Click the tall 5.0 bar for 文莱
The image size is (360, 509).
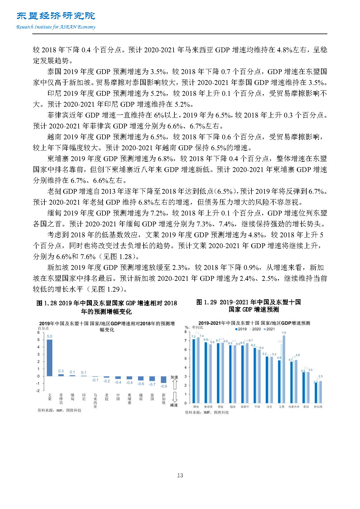pos(49,358)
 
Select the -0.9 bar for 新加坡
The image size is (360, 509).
pos(164,379)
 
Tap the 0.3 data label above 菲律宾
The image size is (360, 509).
pos(61,371)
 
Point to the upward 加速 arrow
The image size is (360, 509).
pos(174,384)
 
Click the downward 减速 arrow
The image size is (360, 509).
pos(174,397)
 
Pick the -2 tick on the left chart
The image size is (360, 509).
pos(38,391)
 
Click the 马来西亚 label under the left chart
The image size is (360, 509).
pos(95,401)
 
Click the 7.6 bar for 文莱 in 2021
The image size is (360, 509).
pos(284,369)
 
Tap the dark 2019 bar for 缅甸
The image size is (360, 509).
pos(194,371)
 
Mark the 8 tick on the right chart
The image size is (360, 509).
pos(186,332)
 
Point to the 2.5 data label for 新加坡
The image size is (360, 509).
pos(320,376)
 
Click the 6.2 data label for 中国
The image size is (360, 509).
pos(253,345)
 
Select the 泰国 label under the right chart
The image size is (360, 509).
pos(306,407)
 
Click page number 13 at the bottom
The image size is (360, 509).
pos(180,475)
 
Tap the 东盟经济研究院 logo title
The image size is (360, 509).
pos(56,16)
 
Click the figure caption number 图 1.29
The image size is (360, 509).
pos(206,302)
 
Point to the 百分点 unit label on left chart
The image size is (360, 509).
pos(43,328)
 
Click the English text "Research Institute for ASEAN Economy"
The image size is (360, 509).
pos(56,27)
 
